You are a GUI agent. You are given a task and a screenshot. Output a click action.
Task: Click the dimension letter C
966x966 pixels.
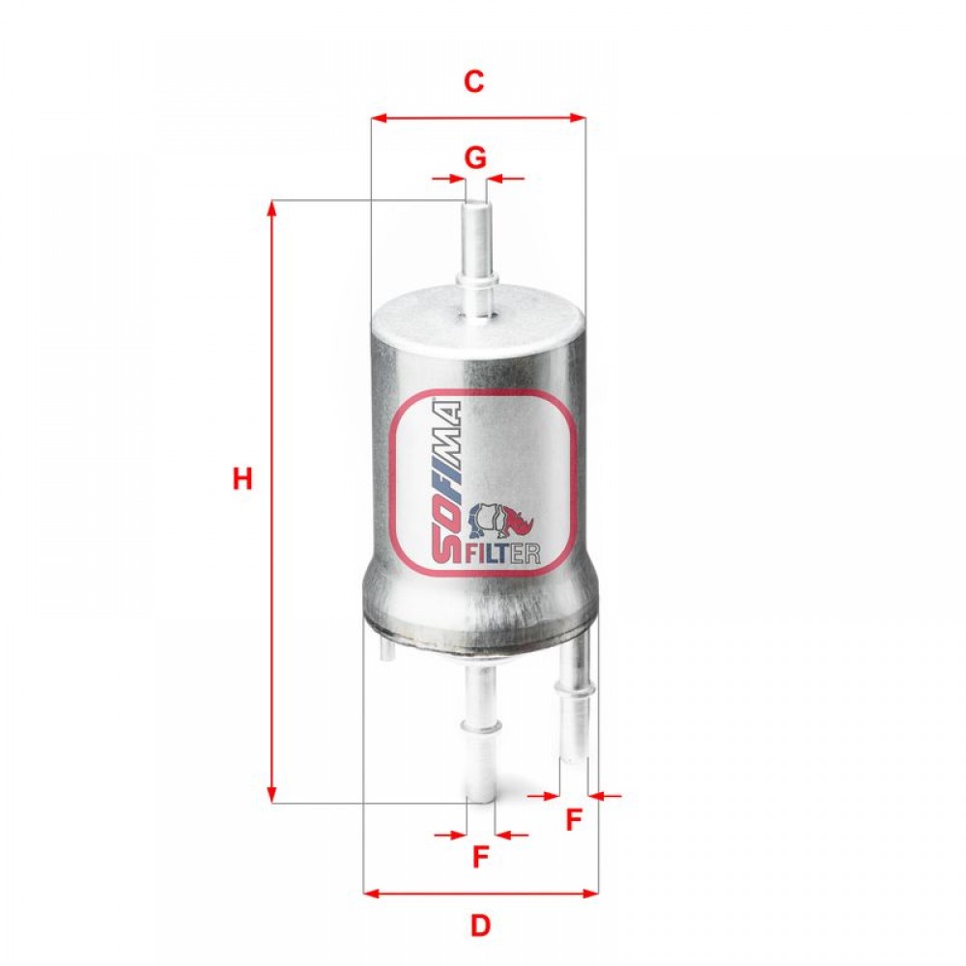[x=473, y=81]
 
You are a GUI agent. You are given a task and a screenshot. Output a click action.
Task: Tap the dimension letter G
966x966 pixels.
[x=475, y=158]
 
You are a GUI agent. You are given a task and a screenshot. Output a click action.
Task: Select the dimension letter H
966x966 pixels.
[x=242, y=479]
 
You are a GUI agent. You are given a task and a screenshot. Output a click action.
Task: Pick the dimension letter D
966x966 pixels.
[x=480, y=924]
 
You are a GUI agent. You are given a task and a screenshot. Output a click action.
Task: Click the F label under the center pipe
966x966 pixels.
[x=480, y=856]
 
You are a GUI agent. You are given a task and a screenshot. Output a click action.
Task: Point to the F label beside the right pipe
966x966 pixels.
[x=574, y=819]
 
